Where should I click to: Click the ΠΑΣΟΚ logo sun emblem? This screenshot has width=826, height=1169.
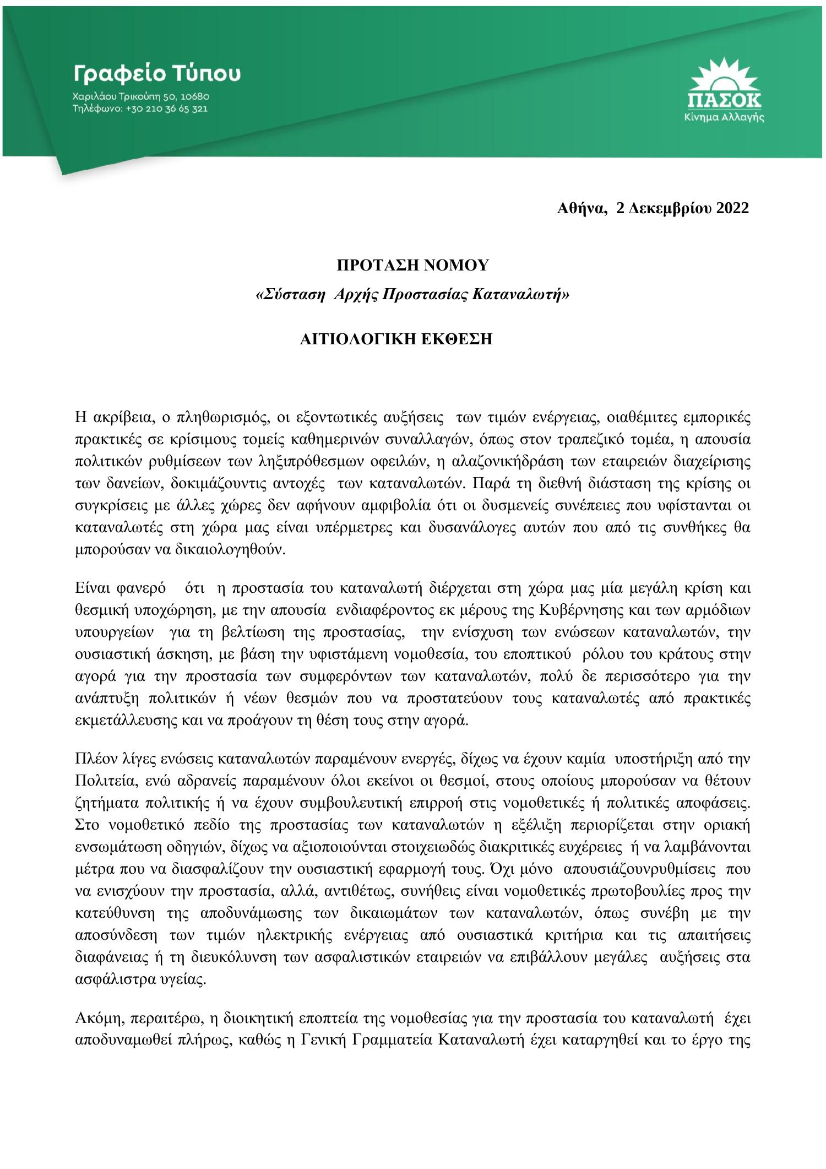[x=724, y=77]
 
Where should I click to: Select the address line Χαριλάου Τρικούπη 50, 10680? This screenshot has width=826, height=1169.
[x=140, y=97]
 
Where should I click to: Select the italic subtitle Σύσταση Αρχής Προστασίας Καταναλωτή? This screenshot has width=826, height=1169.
[x=412, y=295]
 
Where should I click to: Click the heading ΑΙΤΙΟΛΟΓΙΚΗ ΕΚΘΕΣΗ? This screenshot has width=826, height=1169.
[x=395, y=339]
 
